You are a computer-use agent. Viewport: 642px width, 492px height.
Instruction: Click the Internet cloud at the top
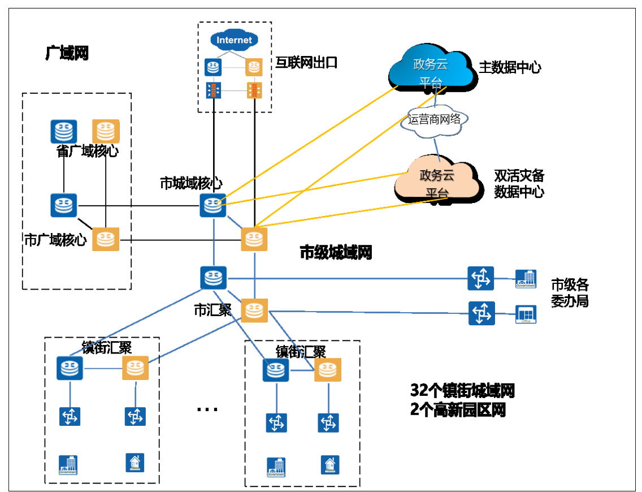[x=234, y=40]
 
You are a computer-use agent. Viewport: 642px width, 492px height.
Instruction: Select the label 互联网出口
[x=306, y=63]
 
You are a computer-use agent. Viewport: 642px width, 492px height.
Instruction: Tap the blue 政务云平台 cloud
[x=431, y=70]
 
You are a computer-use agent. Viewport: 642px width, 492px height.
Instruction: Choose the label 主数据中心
[x=510, y=68]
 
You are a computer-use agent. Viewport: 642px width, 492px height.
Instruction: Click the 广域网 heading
[x=67, y=54]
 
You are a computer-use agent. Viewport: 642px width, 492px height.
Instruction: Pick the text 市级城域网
[x=336, y=252]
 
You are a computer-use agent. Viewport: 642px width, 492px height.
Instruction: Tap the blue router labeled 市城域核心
[x=213, y=205]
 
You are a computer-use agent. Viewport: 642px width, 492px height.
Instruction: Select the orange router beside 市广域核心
[x=106, y=239]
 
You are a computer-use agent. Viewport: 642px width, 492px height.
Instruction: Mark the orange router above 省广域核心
[x=106, y=131]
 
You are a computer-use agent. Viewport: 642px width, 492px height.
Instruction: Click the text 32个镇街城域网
[x=462, y=390]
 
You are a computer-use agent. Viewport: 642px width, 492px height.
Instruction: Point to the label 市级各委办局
[x=570, y=292]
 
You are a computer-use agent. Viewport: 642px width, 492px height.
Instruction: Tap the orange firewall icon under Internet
[x=254, y=89]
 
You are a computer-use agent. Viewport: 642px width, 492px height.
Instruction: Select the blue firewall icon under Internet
[x=213, y=89]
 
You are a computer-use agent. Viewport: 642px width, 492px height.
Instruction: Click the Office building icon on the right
[x=525, y=314]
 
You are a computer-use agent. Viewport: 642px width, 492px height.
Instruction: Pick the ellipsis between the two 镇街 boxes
[x=207, y=408]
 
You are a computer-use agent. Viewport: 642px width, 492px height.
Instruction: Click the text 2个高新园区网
[x=458, y=410]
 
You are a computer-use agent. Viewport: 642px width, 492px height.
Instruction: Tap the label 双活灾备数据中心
[x=519, y=184]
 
